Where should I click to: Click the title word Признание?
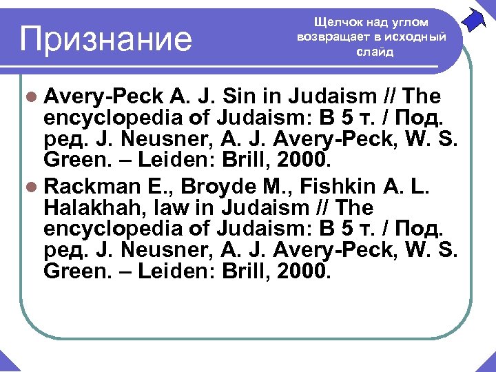(106, 39)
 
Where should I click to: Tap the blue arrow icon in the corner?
(474, 19)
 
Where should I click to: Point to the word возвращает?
(335, 37)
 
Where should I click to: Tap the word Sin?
(247, 95)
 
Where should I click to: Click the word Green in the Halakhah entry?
(72, 271)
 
